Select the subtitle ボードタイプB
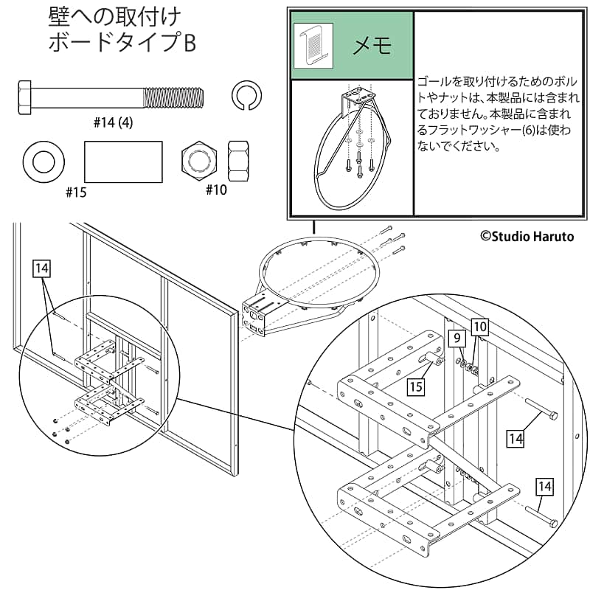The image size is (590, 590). pos(122,43)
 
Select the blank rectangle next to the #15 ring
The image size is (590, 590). pos(123,161)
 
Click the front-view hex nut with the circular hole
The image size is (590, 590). pos(199,159)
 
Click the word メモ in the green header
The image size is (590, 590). pos(372,46)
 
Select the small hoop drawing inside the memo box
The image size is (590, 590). pos(352,147)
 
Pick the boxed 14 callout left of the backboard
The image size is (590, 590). pos(43,268)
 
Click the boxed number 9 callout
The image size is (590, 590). pos(457,339)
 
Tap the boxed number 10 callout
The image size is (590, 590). pos(479,325)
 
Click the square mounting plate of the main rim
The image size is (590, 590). pos(256,316)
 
